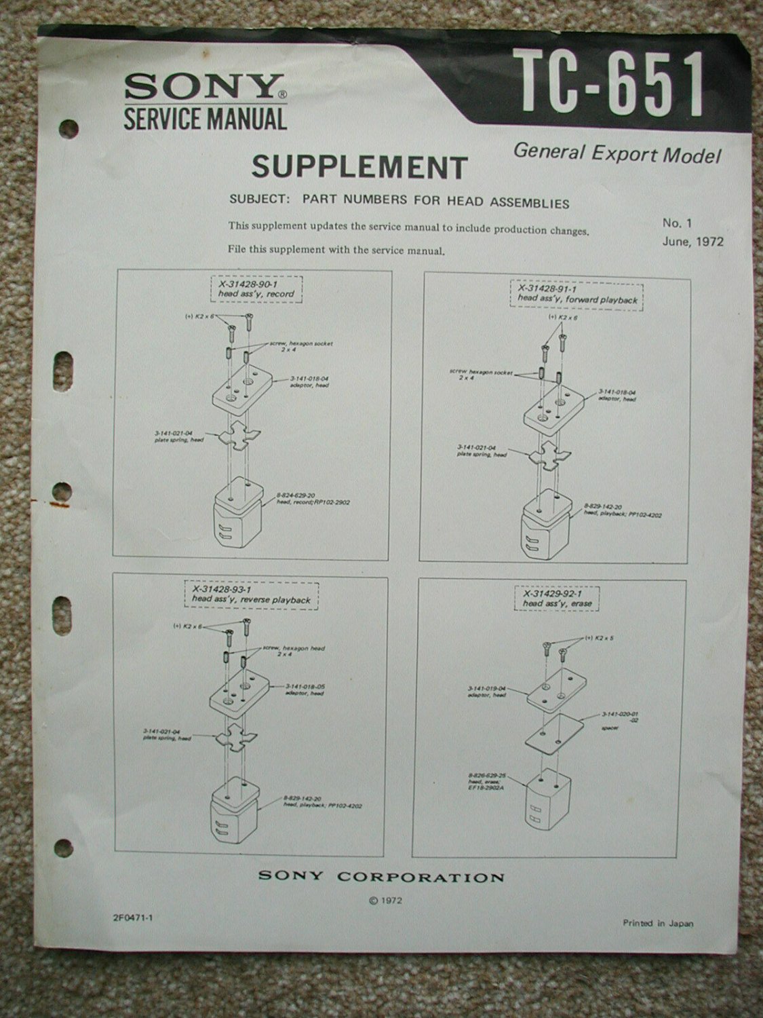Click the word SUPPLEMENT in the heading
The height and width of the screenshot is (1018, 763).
359,166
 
